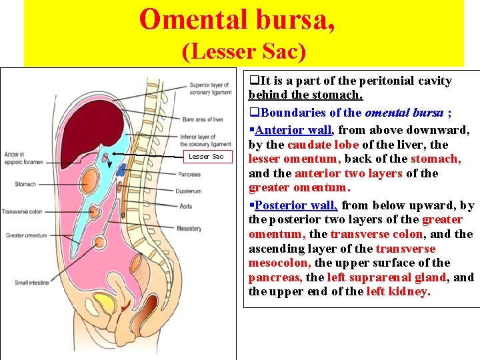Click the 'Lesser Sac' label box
[206, 156]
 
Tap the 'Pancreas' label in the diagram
[190, 175]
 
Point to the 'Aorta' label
[186, 207]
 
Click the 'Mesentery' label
[189, 229]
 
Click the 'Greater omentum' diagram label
[26, 235]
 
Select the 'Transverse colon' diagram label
[22, 211]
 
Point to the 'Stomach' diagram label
[25, 183]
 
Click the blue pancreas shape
[121, 169]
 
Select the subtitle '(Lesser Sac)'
[244, 51]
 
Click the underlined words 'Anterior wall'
[294, 130]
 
